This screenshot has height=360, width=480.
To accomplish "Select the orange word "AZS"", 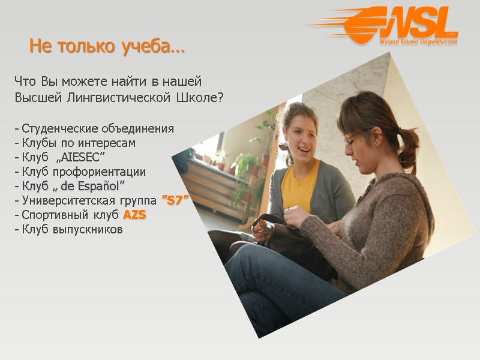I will pos(134,215).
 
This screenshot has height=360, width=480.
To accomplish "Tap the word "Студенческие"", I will pos(57,128).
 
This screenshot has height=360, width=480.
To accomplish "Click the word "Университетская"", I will pos(59,200).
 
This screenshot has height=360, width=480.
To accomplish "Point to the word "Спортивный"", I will pos(51,215).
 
